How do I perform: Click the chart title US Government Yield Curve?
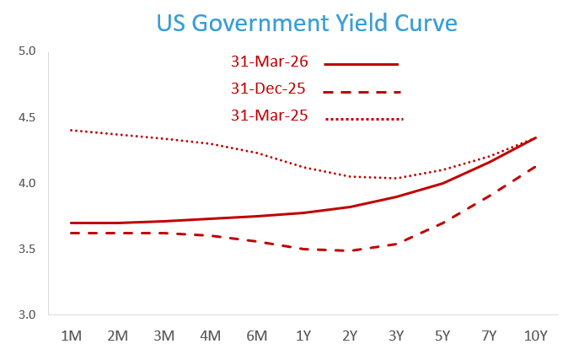(x=307, y=22)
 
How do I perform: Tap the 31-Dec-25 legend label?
(x=268, y=89)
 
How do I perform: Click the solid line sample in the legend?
(x=361, y=64)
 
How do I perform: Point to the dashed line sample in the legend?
(x=362, y=92)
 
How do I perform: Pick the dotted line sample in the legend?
(x=364, y=119)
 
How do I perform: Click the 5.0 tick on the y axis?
(x=28, y=51)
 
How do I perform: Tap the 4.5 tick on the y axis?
(x=28, y=117)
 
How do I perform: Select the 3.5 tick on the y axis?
(x=28, y=250)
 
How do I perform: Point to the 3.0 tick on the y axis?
(x=28, y=315)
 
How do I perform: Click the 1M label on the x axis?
(x=72, y=336)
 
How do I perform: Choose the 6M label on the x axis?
(x=257, y=336)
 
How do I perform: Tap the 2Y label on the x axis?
(x=350, y=336)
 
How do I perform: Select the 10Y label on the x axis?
(x=535, y=336)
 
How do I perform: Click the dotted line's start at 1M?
(x=72, y=130)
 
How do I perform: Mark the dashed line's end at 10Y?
(x=535, y=166)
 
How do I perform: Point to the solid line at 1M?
(x=72, y=223)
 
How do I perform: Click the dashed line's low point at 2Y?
(x=350, y=250)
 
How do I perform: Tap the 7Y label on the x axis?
(x=489, y=336)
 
